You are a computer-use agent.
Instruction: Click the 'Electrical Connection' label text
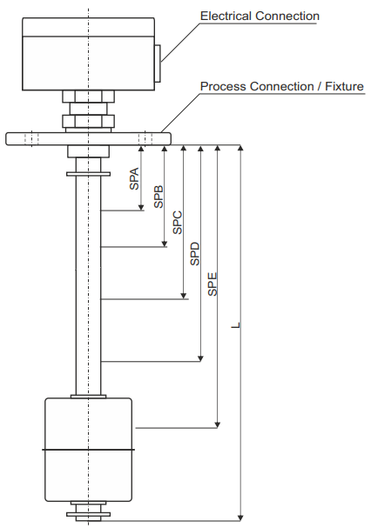260,16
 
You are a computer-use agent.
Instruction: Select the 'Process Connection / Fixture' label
282,86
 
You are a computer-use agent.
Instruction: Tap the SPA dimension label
134,178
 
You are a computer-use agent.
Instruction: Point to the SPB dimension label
159,197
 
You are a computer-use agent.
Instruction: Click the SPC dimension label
178,222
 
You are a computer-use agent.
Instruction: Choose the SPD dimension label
195,253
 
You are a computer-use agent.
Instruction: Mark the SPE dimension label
212,284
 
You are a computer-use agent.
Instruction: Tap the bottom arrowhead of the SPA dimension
141,207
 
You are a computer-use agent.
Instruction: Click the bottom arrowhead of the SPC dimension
184,296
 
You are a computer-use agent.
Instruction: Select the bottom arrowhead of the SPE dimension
218,424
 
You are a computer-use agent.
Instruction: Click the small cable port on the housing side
158,63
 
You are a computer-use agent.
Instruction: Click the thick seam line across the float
88,450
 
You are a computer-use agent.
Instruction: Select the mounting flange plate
88,138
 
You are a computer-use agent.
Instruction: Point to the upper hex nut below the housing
88,97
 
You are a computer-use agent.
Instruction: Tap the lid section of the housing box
88,27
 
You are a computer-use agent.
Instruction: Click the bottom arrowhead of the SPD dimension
200,358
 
